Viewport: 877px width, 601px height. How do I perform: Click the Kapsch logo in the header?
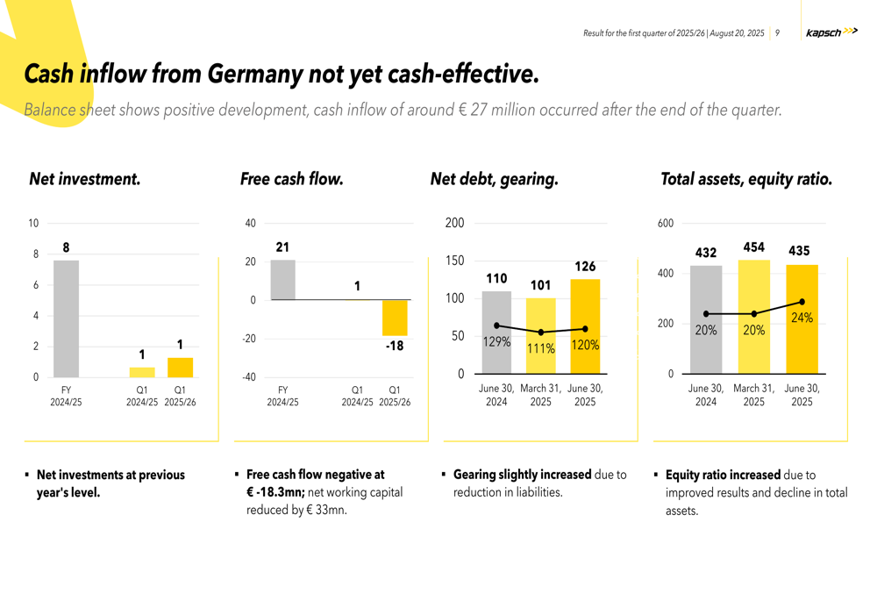(831, 32)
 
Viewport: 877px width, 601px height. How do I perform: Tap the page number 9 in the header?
(777, 33)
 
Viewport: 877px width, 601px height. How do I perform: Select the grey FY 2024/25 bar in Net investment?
(66, 318)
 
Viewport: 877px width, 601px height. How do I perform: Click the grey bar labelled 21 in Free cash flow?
(282, 280)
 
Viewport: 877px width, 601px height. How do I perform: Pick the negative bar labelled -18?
(395, 318)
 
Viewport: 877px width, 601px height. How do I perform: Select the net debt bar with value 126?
(585, 326)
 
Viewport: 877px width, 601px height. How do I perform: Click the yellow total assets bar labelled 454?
(754, 317)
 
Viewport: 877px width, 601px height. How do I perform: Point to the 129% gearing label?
(496, 342)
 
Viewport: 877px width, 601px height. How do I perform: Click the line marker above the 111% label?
(541, 332)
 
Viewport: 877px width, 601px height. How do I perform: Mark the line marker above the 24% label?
(802, 302)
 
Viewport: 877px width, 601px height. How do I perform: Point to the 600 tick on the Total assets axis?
(666, 224)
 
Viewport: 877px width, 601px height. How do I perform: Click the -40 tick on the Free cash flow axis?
(250, 377)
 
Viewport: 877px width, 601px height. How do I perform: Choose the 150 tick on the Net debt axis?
(454, 261)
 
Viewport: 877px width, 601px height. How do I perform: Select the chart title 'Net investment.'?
(84, 179)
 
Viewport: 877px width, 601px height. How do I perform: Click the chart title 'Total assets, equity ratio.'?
(745, 179)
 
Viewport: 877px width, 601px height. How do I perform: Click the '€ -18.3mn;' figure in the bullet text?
(275, 492)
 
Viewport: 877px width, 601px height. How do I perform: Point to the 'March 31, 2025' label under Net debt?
(540, 395)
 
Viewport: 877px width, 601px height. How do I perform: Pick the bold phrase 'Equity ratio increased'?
(723, 475)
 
